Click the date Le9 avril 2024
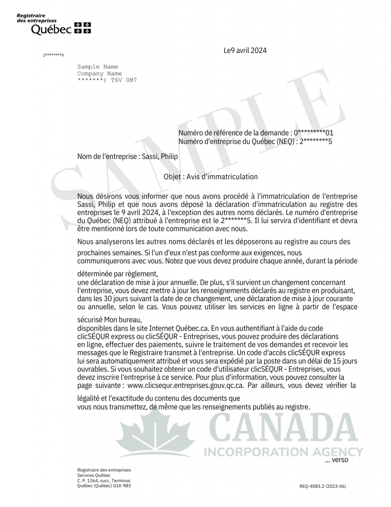245,50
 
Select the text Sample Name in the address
98,67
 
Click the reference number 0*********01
314,133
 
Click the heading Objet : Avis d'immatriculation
210,177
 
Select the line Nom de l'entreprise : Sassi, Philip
127,157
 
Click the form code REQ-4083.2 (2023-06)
322,486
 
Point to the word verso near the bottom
340,460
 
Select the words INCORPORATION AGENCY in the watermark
283,452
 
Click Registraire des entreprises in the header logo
37,18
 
